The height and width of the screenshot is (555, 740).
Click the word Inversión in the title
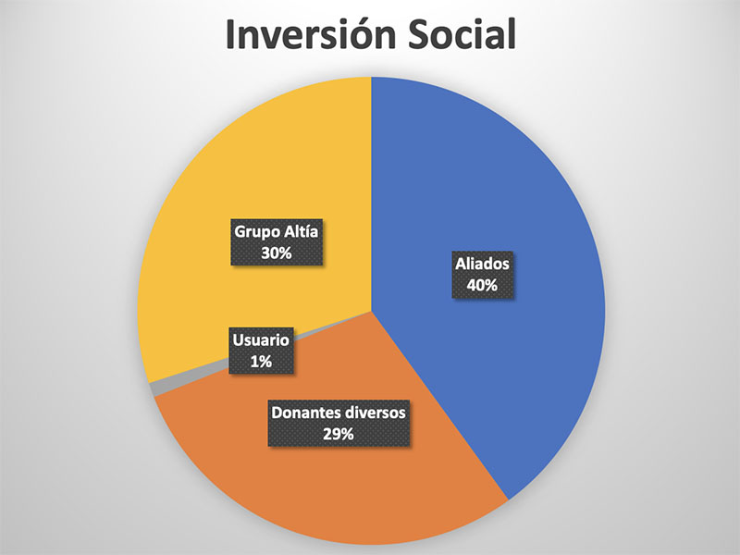coord(310,34)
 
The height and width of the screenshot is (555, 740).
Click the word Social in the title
coord(462,34)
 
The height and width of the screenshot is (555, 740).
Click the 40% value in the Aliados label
coord(482,285)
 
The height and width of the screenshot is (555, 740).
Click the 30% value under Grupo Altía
coord(276,253)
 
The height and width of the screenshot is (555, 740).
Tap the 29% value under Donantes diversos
coord(339,433)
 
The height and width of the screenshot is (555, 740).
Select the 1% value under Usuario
coord(261,362)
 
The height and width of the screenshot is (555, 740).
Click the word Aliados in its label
coord(482,264)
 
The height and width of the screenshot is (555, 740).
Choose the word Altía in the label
coord(301,231)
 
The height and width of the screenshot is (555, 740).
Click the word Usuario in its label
coord(261,339)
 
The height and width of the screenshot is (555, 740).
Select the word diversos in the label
coord(374,413)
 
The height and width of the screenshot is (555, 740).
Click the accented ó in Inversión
coord(359,34)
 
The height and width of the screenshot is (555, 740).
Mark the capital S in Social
coord(419,34)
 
